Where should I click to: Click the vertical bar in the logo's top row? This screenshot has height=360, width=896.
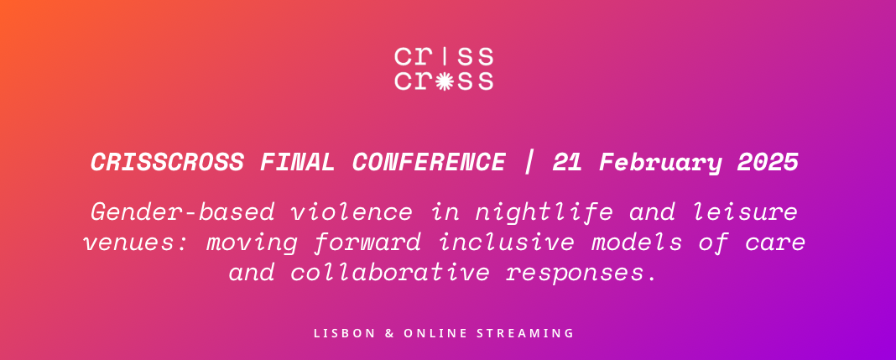coord(445,56)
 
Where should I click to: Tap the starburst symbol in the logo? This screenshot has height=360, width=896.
coord(445,81)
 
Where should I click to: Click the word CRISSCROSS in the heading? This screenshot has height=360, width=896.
coord(168,163)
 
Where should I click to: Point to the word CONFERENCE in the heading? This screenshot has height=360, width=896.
coord(430,163)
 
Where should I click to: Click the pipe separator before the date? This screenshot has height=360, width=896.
coord(529,163)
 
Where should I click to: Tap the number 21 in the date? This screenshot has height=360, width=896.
coord(567,163)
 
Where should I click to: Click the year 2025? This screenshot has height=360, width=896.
coord(768,163)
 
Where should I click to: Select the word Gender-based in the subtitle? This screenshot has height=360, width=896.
coord(183,212)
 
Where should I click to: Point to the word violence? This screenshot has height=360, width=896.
coord(352,212)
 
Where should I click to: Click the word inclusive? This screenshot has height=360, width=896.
coord(506,243)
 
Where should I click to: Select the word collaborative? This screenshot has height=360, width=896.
coord(389,273)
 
